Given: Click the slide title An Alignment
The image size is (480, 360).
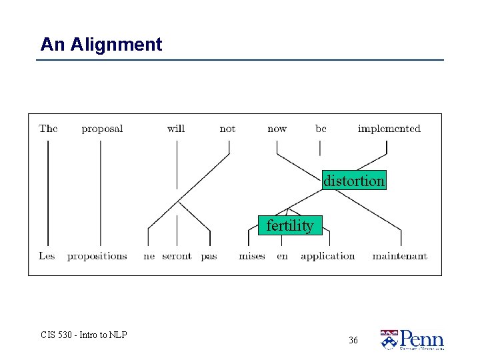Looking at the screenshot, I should tap(101, 45).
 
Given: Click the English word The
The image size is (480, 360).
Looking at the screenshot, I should tap(48, 129).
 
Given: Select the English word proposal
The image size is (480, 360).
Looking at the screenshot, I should tap(102, 129).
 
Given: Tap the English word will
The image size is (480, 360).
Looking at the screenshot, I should tap(176, 129).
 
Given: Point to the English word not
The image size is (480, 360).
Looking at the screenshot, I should tap(227, 129).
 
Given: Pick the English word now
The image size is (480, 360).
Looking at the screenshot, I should tap(277, 129).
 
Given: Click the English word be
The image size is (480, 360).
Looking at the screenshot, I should tap(321, 129).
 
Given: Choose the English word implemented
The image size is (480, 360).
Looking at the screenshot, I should tap(389, 129).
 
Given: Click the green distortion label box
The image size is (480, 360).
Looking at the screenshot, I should tap(353, 181).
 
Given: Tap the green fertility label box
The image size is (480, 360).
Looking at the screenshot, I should tap(289, 226).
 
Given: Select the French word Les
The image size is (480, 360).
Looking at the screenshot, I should tap(47, 256).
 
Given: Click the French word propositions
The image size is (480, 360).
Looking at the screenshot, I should tap(97, 257).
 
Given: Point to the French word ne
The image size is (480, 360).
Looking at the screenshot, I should tap(149, 256).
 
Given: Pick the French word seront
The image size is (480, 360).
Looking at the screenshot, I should tap(177, 256).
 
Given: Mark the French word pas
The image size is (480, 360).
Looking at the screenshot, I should tap(209, 257).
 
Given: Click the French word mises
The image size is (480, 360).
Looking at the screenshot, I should tap(252, 256).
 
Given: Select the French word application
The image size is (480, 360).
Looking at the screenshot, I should tap(327, 257).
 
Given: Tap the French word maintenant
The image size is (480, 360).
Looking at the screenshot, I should tap(399, 256).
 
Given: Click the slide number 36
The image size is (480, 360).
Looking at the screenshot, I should tap(353, 340).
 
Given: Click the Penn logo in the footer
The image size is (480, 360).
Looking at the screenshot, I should tap(412, 339).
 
